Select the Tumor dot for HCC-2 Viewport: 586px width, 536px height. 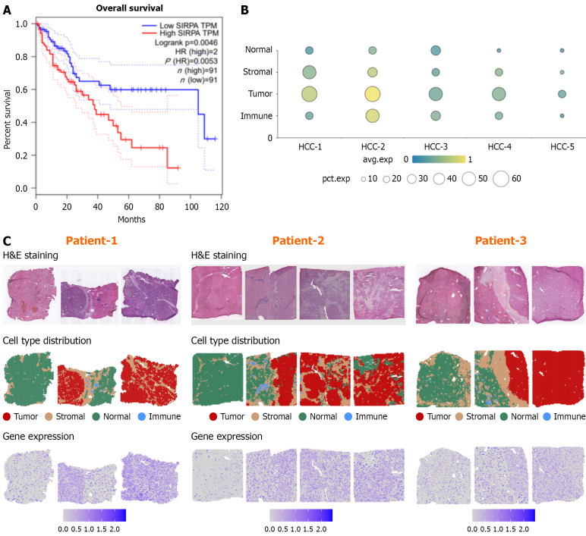click(373, 94)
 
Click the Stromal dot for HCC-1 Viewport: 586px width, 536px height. click(309, 73)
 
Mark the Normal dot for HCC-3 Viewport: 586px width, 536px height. click(436, 51)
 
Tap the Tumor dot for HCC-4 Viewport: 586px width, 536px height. click(499, 94)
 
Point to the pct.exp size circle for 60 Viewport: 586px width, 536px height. click(500, 178)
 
